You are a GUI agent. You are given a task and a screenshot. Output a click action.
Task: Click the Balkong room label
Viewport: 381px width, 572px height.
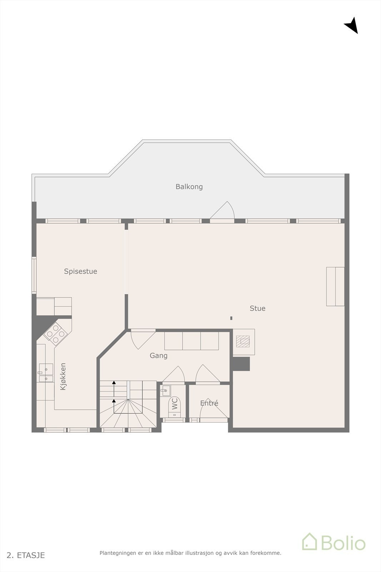189,187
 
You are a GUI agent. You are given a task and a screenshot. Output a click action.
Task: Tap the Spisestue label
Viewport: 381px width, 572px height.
80,271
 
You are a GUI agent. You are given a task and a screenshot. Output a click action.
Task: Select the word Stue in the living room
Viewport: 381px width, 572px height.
257,309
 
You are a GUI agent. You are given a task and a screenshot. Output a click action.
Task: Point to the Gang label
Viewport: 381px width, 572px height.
159,356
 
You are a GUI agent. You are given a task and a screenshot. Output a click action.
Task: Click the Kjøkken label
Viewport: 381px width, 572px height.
63,376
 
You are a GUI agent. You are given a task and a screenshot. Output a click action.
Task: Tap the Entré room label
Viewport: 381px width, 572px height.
209,403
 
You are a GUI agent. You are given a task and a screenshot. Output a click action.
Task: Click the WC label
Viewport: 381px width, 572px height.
175,404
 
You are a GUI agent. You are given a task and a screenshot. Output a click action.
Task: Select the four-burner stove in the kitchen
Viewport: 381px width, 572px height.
55,334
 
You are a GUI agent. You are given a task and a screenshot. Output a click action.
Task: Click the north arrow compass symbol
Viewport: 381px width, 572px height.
352,25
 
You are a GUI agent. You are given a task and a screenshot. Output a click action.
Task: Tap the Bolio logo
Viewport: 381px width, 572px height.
334,542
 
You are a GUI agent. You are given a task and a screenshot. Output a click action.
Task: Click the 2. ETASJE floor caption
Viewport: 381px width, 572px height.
26,555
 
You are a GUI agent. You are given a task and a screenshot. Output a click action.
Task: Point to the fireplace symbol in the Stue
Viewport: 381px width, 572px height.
244,341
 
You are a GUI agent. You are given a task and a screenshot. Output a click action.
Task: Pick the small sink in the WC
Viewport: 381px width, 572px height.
166,390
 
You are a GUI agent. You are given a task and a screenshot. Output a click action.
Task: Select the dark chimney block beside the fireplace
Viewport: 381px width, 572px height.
241,364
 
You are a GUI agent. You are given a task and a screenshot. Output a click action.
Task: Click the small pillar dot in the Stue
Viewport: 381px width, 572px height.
231,318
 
